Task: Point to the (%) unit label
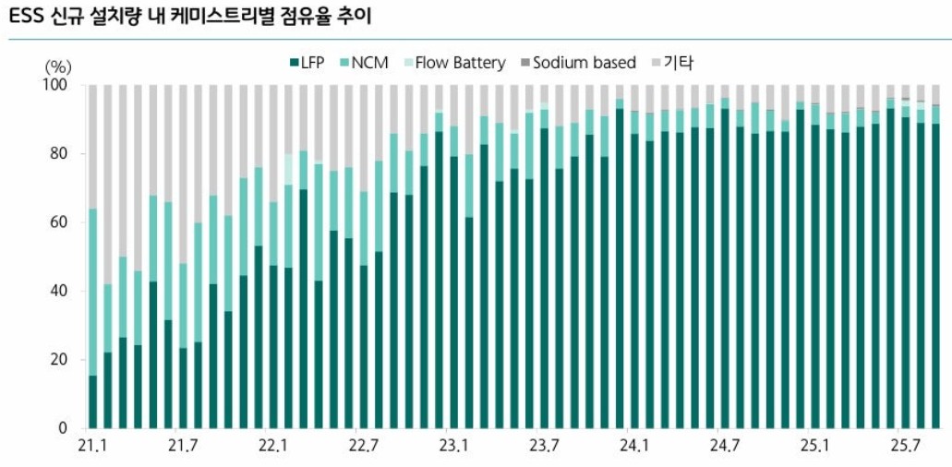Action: point(58,66)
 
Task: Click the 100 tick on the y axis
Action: point(58,85)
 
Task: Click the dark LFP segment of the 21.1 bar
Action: point(92,402)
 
